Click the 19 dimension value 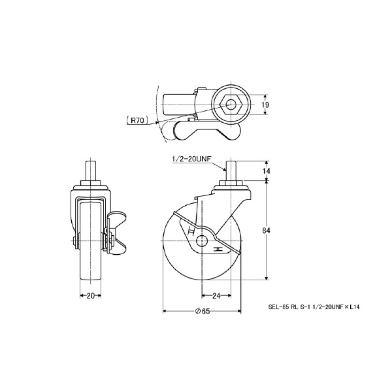[x=265, y=105]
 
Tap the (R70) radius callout [x=137, y=121]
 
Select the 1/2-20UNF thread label [x=191, y=159]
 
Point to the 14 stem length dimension [x=267, y=171]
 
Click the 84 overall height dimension [x=267, y=231]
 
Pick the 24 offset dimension [x=216, y=296]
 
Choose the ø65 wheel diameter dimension [x=202, y=311]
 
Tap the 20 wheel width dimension [x=91, y=296]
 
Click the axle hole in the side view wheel [x=201, y=241]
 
